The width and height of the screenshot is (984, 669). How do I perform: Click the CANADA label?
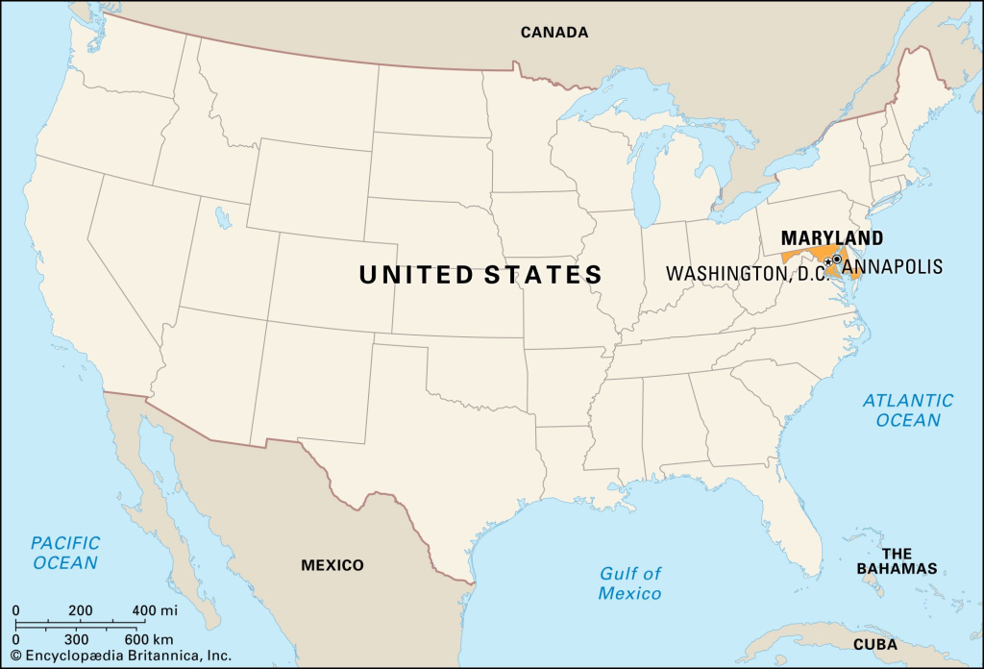tap(553, 33)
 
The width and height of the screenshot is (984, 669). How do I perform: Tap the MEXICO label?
tap(332, 565)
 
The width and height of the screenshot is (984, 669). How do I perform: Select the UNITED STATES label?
tap(480, 275)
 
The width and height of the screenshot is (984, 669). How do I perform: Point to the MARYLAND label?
tap(831, 237)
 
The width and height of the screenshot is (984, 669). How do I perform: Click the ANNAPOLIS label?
tap(894, 266)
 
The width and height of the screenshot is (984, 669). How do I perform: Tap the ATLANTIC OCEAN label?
tap(908, 410)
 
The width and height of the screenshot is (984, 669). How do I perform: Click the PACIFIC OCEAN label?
tap(65, 553)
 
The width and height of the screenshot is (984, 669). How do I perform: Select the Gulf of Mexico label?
tap(630, 583)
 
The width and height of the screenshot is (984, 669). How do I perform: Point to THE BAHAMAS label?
tap(897, 560)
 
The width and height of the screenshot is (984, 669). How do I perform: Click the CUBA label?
tap(875, 645)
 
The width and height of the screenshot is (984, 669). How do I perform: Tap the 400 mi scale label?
tap(155, 610)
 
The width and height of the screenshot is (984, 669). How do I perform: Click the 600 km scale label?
tap(149, 638)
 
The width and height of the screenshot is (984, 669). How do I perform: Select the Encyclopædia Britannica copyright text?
tap(120, 657)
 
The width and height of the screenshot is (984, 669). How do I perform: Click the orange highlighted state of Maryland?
tap(805, 257)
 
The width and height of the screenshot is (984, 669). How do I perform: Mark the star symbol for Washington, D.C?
tap(828, 261)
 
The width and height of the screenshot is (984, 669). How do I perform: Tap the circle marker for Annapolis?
tap(837, 259)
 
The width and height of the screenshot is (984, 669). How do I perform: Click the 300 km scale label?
tap(77, 638)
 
